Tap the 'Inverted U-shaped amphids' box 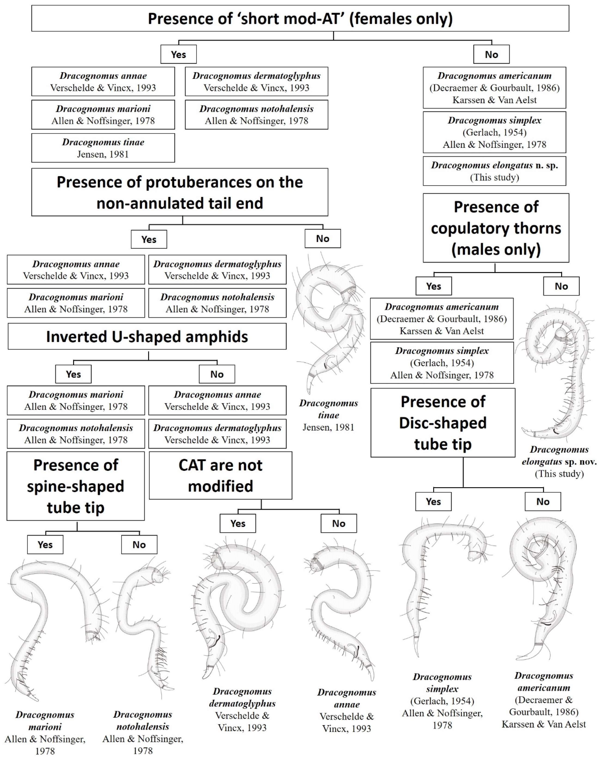click(x=147, y=337)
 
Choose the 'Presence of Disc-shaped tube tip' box click(x=443, y=422)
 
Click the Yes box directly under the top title click(x=178, y=54)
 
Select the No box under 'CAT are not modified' click(x=339, y=523)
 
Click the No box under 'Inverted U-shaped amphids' click(x=217, y=374)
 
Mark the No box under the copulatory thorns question click(x=561, y=286)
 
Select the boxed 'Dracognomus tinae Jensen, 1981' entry click(x=103, y=148)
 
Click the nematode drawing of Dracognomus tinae click(x=329, y=324)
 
